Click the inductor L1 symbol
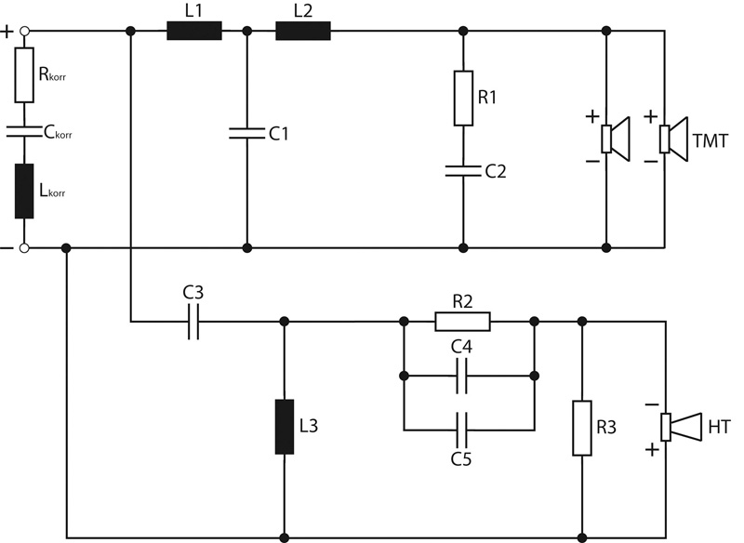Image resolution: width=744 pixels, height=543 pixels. [194, 31]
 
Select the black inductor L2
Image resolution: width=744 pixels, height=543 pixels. [303, 31]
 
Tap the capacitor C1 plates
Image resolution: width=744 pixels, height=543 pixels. [246, 133]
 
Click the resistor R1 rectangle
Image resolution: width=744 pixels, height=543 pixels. [463, 99]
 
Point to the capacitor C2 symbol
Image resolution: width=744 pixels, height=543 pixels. [463, 171]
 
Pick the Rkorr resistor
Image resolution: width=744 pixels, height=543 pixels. [24, 75]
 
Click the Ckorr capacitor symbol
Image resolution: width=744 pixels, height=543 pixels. [24, 131]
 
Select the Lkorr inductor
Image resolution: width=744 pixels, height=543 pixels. [24, 192]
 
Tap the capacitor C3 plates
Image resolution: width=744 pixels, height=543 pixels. [193, 322]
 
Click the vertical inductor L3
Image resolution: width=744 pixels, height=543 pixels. [285, 427]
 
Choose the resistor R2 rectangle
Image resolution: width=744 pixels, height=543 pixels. [462, 322]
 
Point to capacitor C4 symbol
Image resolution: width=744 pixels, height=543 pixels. [461, 376]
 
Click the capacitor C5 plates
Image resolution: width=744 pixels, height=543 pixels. [461, 430]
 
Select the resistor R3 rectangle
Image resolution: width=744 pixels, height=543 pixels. [582, 429]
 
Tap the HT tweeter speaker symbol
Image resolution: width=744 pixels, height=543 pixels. [682, 427]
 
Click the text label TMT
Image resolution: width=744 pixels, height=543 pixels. [710, 140]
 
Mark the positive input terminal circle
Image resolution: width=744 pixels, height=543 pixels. [24, 32]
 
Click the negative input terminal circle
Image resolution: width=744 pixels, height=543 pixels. [24, 247]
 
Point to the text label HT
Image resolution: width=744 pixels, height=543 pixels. [719, 428]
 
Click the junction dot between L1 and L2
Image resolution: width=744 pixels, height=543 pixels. [246, 32]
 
